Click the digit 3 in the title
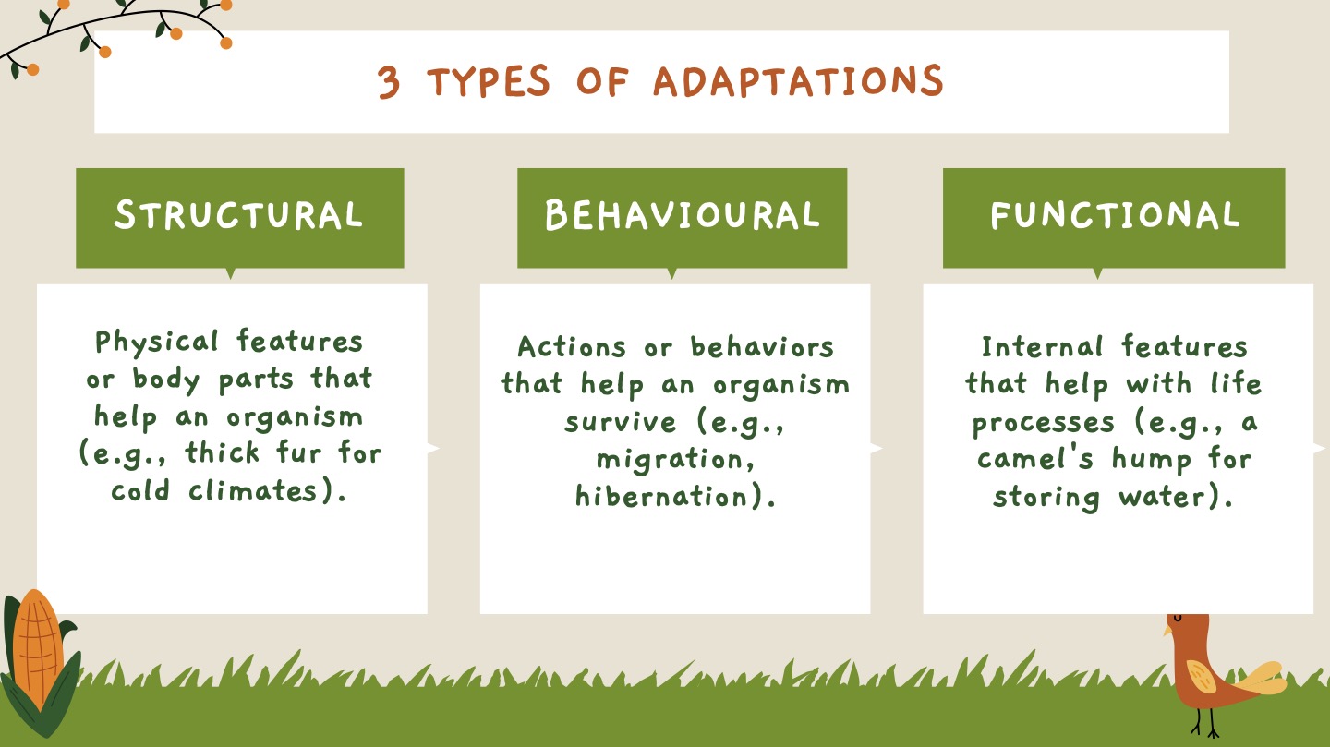click(390, 83)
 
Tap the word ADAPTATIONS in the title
click(798, 81)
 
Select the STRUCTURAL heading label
click(238, 215)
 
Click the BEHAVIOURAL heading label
click(682, 215)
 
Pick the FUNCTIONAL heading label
click(1114, 215)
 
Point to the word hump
click(1148, 459)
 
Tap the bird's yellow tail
click(1262, 680)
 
